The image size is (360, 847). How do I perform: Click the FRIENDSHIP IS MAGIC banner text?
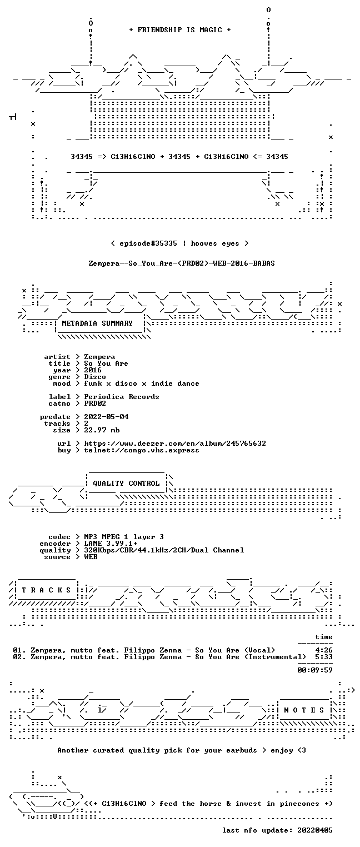click(180, 30)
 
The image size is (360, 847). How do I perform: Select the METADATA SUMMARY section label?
click(97, 323)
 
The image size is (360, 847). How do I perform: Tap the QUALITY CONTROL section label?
click(126, 483)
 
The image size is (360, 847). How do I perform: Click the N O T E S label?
click(304, 710)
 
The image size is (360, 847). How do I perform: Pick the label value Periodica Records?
click(121, 397)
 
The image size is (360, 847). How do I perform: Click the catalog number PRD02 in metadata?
click(95, 403)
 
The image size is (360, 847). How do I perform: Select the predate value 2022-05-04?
click(106, 417)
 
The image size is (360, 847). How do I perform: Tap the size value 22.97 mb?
click(102, 430)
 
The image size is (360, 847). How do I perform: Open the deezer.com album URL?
click(174, 443)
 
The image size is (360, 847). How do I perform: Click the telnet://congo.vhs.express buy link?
click(142, 450)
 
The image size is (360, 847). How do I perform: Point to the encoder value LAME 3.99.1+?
click(111, 544)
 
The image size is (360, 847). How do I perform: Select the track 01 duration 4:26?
click(324, 650)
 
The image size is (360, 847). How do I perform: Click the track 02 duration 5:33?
click(324, 657)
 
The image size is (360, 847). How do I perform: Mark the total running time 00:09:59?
click(315, 670)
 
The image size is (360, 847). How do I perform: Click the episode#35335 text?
click(148, 243)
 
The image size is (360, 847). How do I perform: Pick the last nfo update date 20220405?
click(315, 830)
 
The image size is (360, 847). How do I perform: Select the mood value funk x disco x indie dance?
click(142, 383)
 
